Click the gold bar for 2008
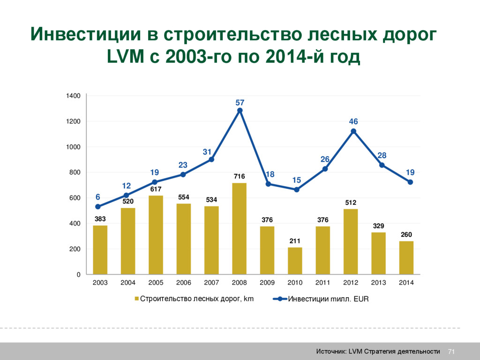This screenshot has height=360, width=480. coord(239,229)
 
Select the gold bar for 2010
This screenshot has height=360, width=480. coord(295,261)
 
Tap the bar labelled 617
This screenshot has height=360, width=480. coord(156,235)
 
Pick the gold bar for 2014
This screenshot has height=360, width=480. coord(406,258)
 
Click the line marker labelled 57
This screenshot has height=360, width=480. coord(240,111)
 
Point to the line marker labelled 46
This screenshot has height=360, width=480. coord(353,131)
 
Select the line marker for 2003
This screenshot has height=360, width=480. coord(98,207)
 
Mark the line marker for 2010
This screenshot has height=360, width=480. coord(296,189)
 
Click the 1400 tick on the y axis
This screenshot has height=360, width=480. coord(73,96)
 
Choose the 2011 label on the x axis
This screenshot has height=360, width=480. coord(322,283)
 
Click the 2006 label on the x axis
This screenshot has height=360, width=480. coord(183,283)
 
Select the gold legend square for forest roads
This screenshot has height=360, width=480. coord(137,299)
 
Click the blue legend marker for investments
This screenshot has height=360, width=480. coord(280,299)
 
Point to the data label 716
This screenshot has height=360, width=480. coord(239,177)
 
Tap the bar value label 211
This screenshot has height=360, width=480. coord(295,241)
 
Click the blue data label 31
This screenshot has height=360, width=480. coord(207,152)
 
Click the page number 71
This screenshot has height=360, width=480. coord(452,352)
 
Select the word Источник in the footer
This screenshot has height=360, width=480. coord(331,352)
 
